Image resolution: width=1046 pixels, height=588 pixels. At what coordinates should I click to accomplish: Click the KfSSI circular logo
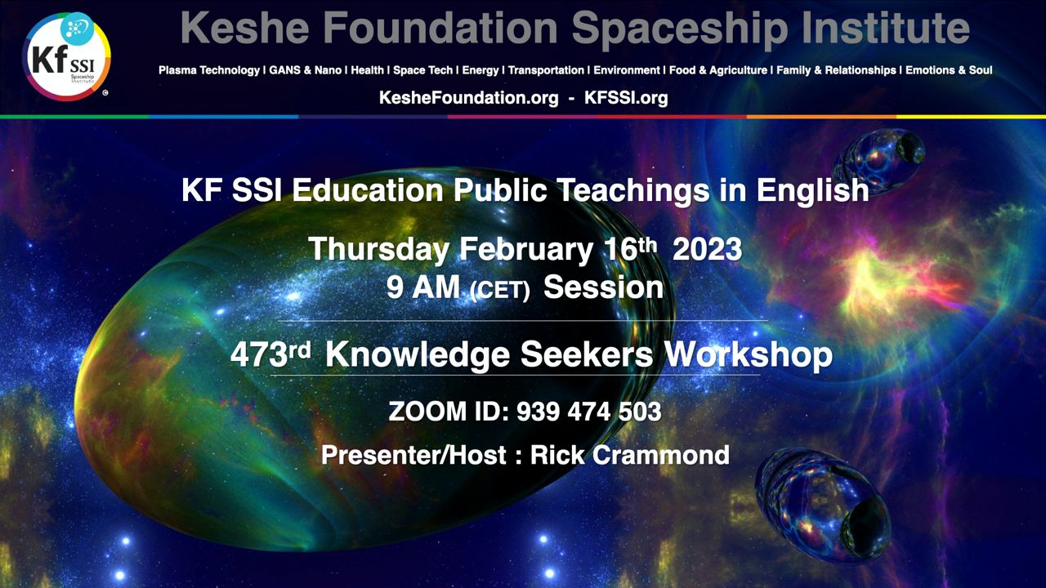point(66,56)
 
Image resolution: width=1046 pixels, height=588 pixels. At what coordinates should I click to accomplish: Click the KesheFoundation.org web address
point(468,98)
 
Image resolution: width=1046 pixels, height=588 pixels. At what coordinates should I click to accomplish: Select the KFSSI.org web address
point(626,98)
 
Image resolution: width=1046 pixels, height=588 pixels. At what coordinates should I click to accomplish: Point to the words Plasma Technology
point(208,70)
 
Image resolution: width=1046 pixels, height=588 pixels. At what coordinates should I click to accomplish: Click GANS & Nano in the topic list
point(306,70)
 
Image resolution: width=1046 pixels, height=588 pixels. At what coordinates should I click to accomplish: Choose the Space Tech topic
point(422,70)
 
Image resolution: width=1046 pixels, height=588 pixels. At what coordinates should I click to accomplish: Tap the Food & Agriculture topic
point(718,70)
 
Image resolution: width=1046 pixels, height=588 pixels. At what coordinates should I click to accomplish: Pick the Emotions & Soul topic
point(949,70)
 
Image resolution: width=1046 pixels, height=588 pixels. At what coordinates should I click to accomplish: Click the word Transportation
point(546,70)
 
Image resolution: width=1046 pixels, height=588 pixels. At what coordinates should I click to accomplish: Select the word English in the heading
point(812,191)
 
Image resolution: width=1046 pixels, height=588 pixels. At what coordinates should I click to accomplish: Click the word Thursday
point(378,250)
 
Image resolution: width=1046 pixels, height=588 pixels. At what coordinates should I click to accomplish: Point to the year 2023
point(707,249)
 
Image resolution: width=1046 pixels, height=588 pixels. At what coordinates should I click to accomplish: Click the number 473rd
point(270,354)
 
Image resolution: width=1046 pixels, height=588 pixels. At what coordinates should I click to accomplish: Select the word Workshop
point(748,355)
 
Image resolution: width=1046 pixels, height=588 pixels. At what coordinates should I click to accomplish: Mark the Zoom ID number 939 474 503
point(589,412)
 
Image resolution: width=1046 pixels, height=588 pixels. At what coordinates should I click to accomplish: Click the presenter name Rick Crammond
point(630,455)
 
